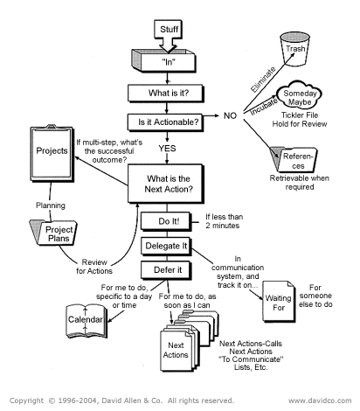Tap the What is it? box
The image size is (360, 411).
pyautogui.click(x=171, y=92)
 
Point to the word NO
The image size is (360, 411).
pyautogui.click(x=230, y=115)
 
